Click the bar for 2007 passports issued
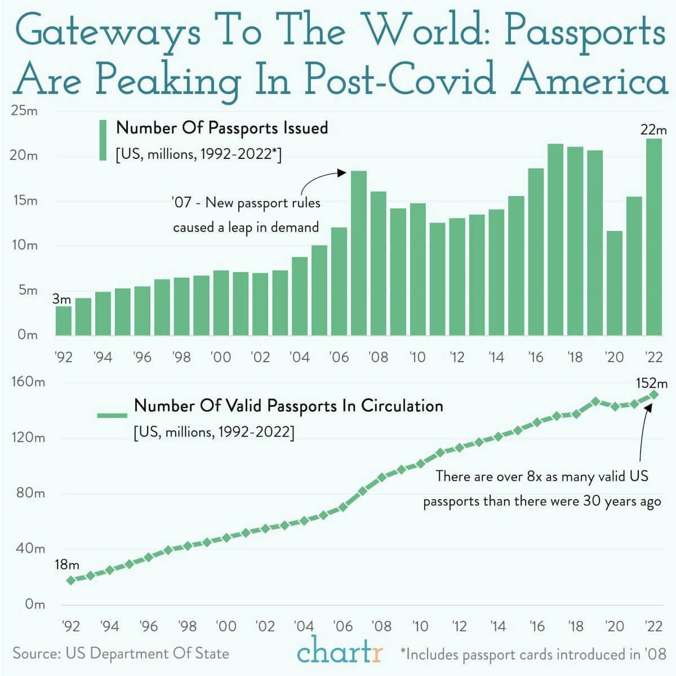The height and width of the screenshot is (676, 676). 359,253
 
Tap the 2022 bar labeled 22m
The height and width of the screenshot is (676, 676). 654,237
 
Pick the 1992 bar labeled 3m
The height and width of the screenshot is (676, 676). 64,321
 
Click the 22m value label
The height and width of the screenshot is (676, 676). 653,130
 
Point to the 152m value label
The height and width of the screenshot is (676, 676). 651,384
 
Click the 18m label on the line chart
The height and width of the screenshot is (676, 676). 66,564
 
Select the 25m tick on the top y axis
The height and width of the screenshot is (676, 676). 24,111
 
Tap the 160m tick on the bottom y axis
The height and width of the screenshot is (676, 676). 28,382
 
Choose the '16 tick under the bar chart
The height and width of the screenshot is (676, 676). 536,357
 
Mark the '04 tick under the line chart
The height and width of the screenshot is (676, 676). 304,626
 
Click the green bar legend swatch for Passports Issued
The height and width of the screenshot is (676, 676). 103,140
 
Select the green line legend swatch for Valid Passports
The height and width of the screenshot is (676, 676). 112,415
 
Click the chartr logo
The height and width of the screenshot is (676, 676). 340,653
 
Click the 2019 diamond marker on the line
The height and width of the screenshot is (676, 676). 595,402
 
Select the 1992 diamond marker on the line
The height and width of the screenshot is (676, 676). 71,580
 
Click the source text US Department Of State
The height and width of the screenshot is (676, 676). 147,653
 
